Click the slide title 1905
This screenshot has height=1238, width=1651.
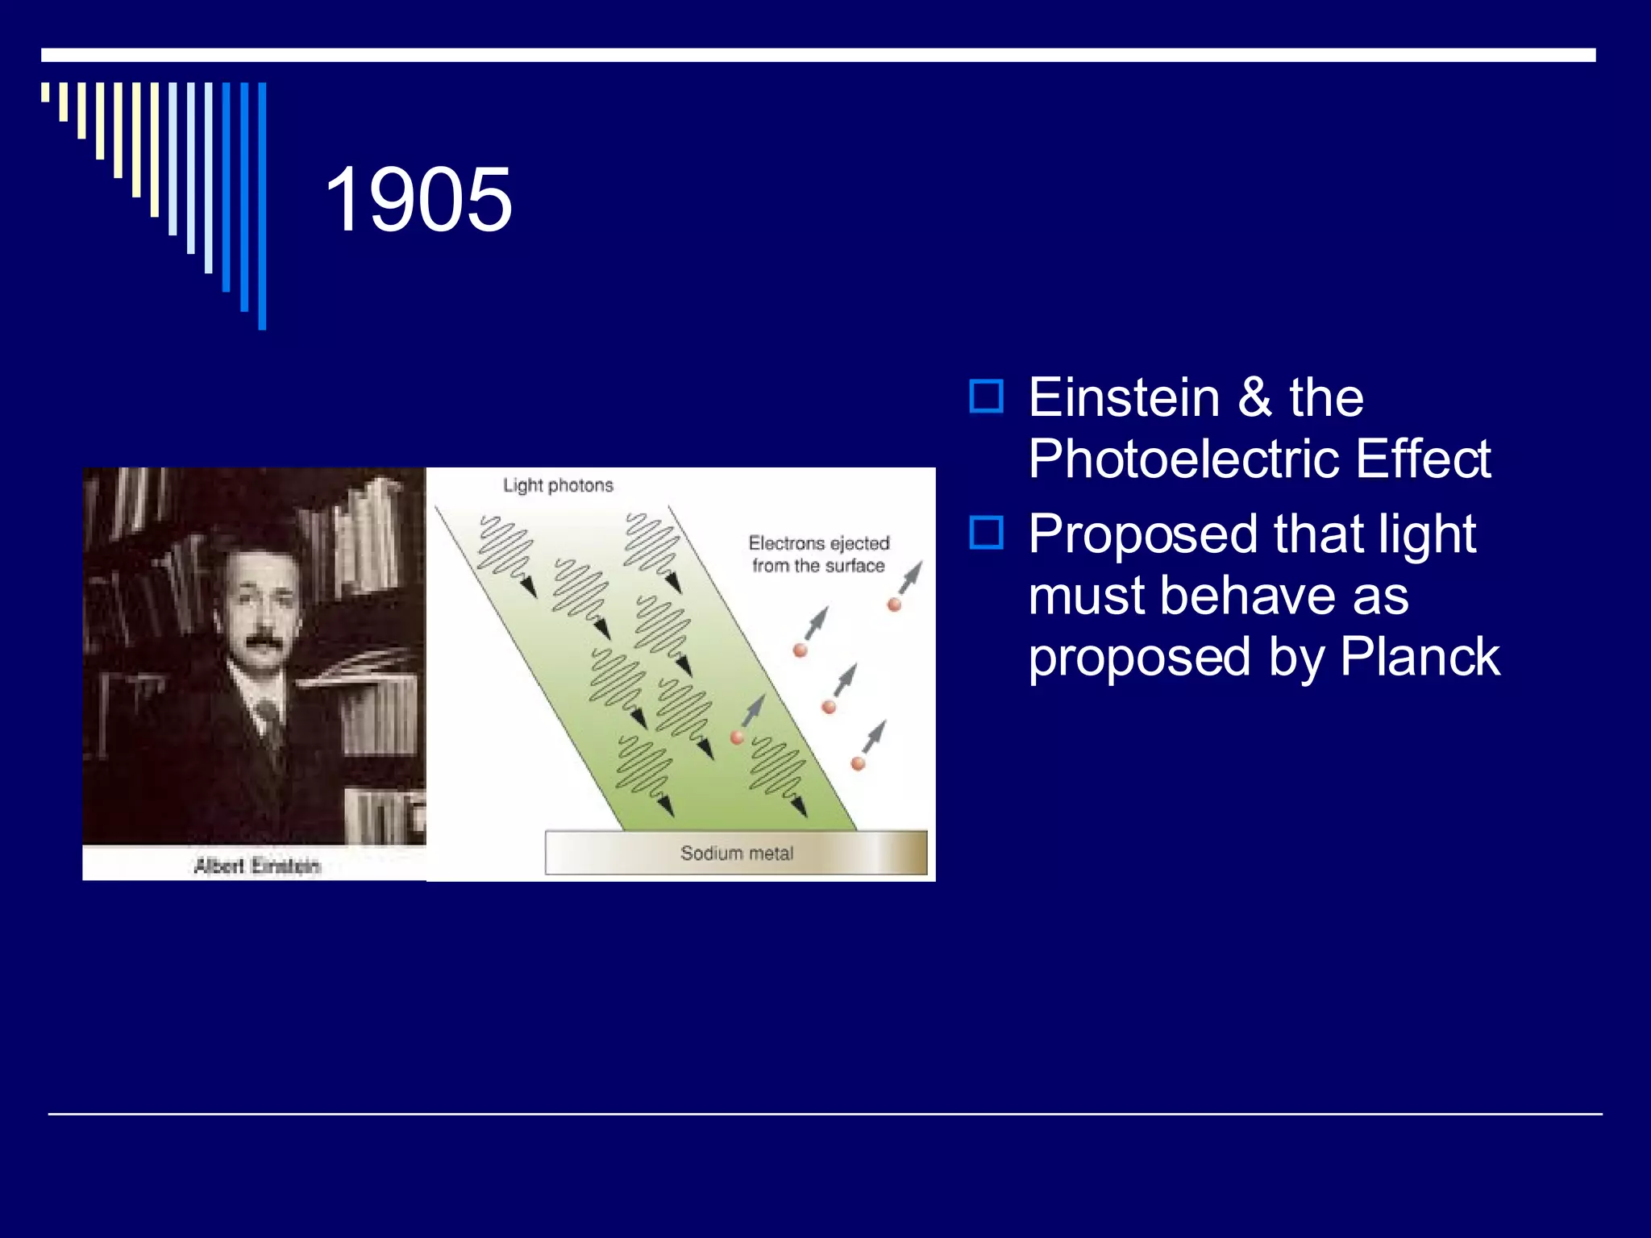418,199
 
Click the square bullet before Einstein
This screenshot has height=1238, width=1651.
986,397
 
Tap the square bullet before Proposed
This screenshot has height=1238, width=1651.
986,533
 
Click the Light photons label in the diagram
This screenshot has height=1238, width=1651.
558,485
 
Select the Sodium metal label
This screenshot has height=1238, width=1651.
736,853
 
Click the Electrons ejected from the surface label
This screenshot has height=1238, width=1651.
818,555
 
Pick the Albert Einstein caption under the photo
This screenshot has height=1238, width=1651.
256,866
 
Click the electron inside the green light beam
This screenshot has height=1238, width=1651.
737,737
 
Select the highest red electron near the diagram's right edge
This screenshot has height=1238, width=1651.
894,604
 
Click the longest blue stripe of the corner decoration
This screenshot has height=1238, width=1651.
262,206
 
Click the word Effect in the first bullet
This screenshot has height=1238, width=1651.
1422,459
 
